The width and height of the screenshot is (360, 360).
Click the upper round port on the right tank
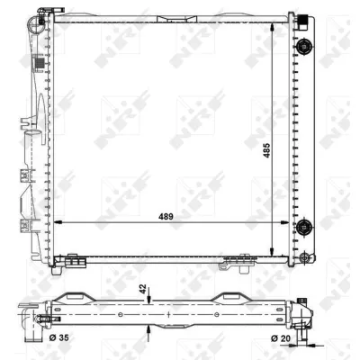click(x=303, y=49)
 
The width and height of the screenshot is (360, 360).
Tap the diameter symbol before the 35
click(x=51, y=338)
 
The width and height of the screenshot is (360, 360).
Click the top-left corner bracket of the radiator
click(x=39, y=17)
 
